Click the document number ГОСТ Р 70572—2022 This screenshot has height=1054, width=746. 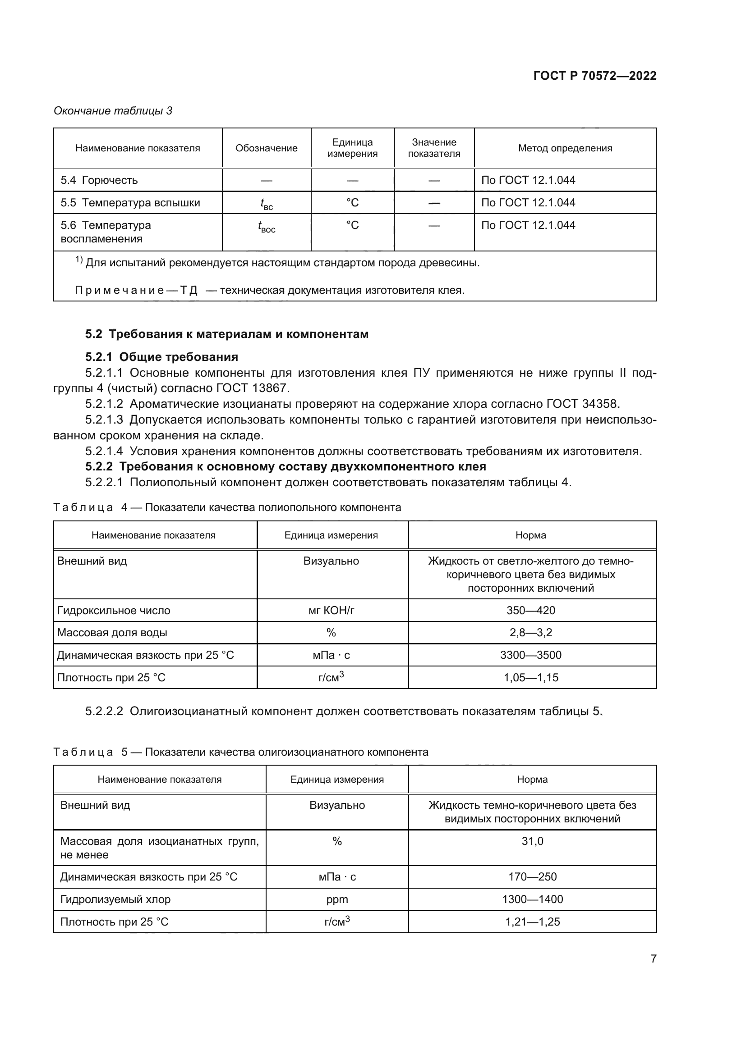pyautogui.click(x=594, y=76)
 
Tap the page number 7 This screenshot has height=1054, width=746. pyautogui.click(x=653, y=958)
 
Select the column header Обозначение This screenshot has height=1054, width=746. pyautogui.click(x=267, y=148)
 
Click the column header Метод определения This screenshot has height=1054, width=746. pyautogui.click(x=565, y=148)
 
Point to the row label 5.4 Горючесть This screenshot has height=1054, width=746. pyautogui.click(x=99, y=180)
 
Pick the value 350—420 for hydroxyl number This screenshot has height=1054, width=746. pyautogui.click(x=530, y=611)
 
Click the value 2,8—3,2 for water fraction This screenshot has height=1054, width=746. pyautogui.click(x=530, y=633)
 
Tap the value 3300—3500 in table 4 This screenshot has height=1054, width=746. pyautogui.click(x=530, y=655)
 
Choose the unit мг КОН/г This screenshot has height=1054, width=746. pyautogui.click(x=331, y=611)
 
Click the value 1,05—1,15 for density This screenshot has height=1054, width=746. pyautogui.click(x=530, y=678)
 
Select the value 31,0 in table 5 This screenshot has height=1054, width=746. pyautogui.click(x=532, y=841)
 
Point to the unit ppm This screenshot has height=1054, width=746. pyautogui.click(x=337, y=899)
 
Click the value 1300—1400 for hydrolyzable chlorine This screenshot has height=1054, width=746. pyautogui.click(x=532, y=899)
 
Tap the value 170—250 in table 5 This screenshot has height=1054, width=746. pyautogui.click(x=532, y=877)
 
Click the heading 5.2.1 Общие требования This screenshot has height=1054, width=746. pyautogui.click(x=162, y=357)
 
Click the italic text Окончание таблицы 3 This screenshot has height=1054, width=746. pyautogui.click(x=113, y=111)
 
